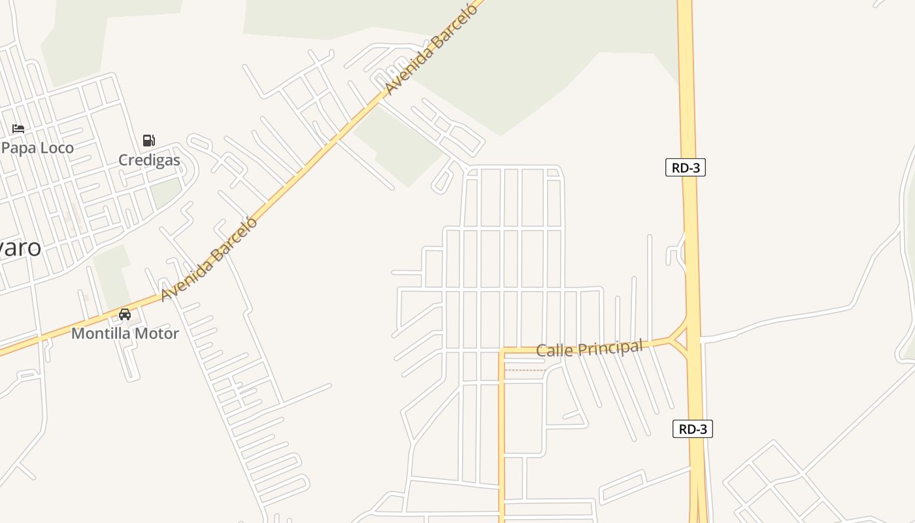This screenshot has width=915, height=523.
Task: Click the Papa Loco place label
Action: point(38,148)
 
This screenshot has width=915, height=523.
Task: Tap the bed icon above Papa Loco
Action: point(18,128)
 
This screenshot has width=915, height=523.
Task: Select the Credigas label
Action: point(149,160)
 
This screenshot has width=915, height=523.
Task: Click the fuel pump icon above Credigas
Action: point(149,140)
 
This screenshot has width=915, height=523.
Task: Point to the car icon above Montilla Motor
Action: point(125,314)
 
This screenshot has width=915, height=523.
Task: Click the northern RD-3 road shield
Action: point(686,167)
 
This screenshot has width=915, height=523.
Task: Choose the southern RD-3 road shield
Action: point(693,429)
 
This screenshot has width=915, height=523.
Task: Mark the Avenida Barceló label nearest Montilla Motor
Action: point(210,259)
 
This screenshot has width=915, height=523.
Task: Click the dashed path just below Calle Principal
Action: point(525,370)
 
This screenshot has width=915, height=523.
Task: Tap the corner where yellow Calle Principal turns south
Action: point(502,352)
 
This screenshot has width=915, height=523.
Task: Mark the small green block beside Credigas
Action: point(166,192)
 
